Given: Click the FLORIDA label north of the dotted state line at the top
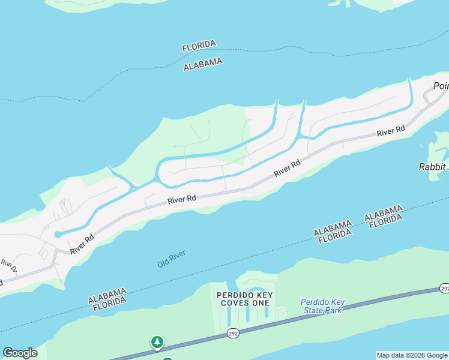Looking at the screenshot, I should pos(199,46).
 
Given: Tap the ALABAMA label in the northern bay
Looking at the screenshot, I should pos(203,64).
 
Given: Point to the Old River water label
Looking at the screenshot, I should pos(172,259).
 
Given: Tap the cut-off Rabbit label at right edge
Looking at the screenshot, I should pos(433,166).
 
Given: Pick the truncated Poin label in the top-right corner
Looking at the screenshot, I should pos(441,86).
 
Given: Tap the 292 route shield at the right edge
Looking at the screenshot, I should pos(444,289).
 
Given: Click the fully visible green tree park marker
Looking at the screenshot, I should pos(157,342).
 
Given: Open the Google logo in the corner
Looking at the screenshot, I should pos(20,353).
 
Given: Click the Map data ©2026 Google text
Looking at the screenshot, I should pos(411,355).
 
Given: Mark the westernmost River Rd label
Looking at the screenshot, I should pos(82,244).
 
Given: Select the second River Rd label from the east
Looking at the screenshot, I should pos(287,168).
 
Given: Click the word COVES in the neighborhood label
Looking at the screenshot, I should pos(244,304).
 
